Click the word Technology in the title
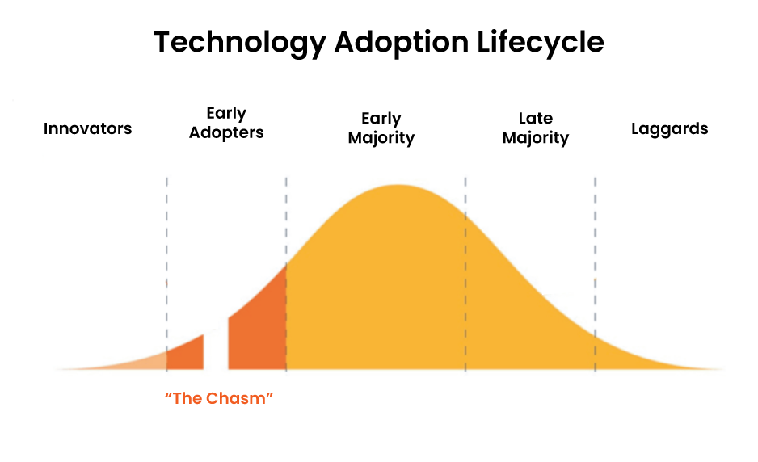240,43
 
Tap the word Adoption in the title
402,43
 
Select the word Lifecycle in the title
540,43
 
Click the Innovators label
87,128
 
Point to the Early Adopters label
226,123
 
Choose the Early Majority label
381,128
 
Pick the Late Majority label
536,128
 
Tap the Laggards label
670,129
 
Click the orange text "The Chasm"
219,398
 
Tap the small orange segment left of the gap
186,355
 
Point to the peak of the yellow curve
398,186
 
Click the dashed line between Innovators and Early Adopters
166,274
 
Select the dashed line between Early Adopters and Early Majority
286,274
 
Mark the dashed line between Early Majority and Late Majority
465,274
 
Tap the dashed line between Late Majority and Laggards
595,274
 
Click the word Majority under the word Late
536,138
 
